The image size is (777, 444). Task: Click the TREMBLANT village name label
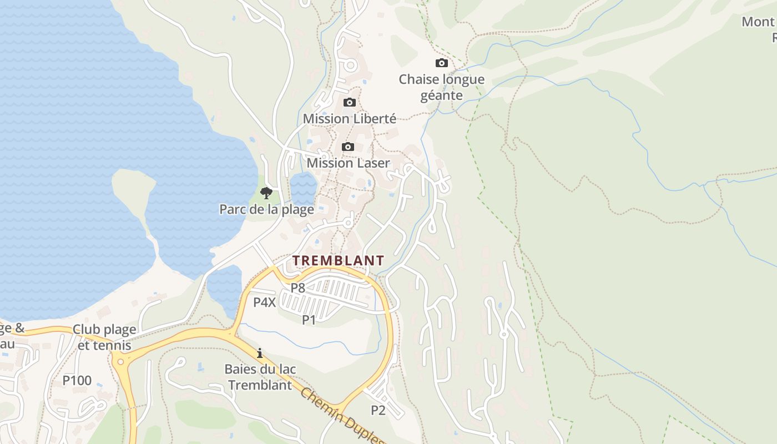(x=338, y=260)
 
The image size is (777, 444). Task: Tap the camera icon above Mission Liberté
(x=349, y=102)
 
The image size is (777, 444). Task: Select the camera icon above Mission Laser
(x=348, y=147)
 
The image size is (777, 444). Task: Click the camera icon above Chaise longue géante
(x=442, y=63)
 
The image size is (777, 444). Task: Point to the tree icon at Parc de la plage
(x=266, y=193)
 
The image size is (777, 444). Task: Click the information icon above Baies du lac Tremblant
(x=259, y=353)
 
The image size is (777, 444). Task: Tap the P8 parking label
(x=298, y=287)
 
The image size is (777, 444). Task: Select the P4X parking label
(x=265, y=302)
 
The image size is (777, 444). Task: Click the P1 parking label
(x=309, y=320)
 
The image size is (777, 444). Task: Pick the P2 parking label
(x=378, y=410)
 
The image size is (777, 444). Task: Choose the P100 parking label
(x=77, y=381)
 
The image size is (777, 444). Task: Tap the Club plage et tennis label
(x=104, y=337)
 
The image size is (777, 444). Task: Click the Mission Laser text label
(x=348, y=163)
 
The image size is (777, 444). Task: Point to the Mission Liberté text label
(x=349, y=119)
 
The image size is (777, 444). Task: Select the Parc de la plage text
(x=266, y=209)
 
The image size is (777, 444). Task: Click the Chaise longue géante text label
(x=442, y=87)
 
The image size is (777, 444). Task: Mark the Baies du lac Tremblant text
(x=260, y=377)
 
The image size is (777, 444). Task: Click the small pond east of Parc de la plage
(x=303, y=188)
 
